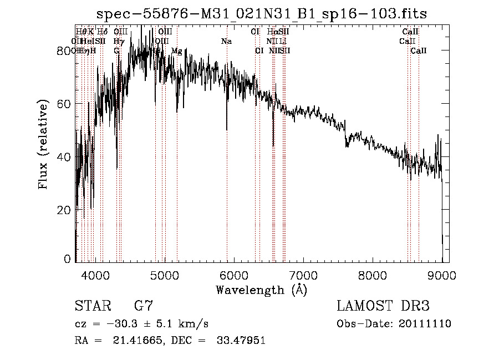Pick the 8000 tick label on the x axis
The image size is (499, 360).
[x=372, y=275]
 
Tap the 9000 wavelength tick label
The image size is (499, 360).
[x=441, y=275]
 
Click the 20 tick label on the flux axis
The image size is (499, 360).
[x=64, y=210]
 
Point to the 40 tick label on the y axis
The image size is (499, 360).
[x=64, y=157]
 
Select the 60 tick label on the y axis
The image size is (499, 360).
[x=64, y=104]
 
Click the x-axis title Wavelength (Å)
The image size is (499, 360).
[x=261, y=290]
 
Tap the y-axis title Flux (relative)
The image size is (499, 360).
[x=43, y=144]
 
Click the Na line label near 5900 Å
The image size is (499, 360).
[x=226, y=42]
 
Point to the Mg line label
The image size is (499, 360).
[x=177, y=51]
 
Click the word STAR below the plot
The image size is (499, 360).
[x=91, y=306]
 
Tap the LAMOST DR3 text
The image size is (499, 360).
[x=383, y=306]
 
